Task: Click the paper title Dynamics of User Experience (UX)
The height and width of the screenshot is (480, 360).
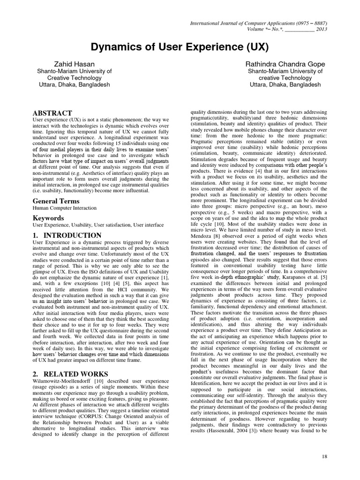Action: (180, 48)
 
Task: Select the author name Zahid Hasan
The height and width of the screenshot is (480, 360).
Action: (74, 63)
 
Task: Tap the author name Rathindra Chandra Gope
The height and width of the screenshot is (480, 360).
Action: (285, 63)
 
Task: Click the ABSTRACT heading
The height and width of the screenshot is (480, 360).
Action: (52, 113)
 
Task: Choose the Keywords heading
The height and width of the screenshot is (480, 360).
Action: (49, 218)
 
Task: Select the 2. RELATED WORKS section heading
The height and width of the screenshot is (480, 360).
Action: (70, 374)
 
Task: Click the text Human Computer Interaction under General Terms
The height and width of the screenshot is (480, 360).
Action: (64, 208)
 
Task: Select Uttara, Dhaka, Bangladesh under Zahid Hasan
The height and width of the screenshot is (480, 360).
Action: (74, 85)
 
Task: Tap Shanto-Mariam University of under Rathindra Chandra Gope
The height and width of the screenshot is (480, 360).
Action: (285, 71)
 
